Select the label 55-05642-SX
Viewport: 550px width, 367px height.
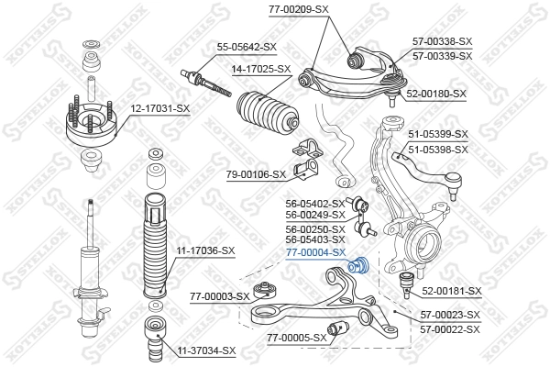click(x=247, y=47)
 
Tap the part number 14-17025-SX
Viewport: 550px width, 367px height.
click(x=260, y=69)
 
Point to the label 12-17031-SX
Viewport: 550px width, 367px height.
click(x=159, y=109)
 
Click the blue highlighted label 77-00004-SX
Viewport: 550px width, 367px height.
click(x=315, y=251)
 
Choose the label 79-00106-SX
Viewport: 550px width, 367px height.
click(x=256, y=173)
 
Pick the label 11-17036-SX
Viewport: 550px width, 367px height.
click(x=205, y=250)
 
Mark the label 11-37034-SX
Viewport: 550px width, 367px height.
click(x=206, y=351)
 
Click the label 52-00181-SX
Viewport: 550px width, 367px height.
click(x=451, y=291)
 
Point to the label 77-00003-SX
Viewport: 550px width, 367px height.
click(x=220, y=296)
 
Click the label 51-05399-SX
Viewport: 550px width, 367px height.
click(x=437, y=135)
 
